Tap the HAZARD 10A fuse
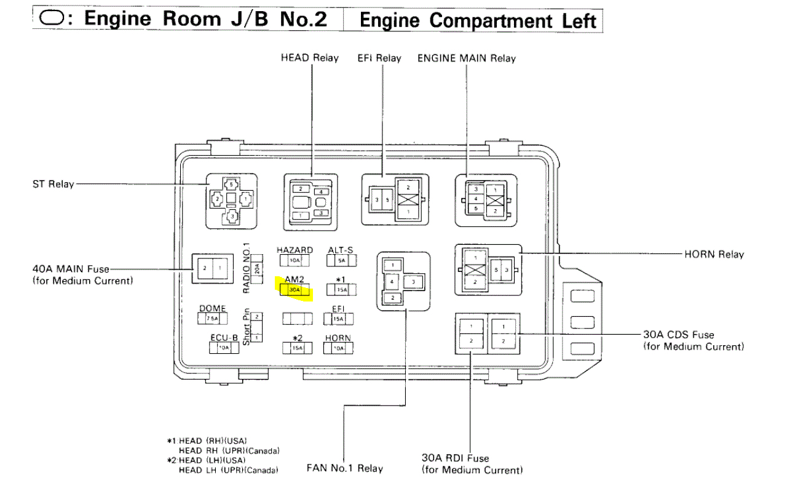pyautogui.click(x=295, y=260)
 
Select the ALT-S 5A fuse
pyautogui.click(x=339, y=260)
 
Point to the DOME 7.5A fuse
pyautogui.click(x=212, y=319)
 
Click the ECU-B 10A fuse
pyautogui.click(x=224, y=348)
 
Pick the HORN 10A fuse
pyautogui.click(x=339, y=348)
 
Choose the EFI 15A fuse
pyautogui.click(x=338, y=319)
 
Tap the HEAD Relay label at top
pyautogui.click(x=309, y=58)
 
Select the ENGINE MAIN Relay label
pyautogui.click(x=466, y=58)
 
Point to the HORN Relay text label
pyautogui.click(x=714, y=254)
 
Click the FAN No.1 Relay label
pyautogui.click(x=344, y=468)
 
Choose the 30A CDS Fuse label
pyautogui.click(x=679, y=335)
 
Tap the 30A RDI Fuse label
pyautogui.click(x=455, y=458)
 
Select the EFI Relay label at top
pyautogui.click(x=379, y=58)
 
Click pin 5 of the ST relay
pyautogui.click(x=231, y=184)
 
